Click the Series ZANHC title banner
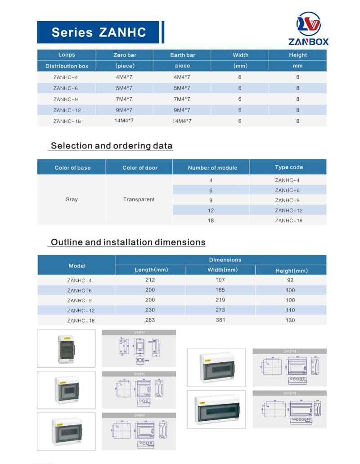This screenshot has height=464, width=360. (99, 32)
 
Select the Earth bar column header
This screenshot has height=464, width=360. (182, 55)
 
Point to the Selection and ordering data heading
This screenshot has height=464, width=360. (112, 146)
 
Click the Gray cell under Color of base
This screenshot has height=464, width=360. (72, 199)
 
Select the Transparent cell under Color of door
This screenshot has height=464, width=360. (139, 199)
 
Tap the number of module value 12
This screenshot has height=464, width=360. (211, 210)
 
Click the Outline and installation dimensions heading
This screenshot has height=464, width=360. (128, 242)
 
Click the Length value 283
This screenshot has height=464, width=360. (150, 320)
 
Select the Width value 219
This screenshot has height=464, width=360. (220, 300)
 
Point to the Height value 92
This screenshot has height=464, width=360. (290, 280)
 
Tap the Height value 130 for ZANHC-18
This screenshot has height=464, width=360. (290, 320)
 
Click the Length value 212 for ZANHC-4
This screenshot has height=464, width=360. (150, 279)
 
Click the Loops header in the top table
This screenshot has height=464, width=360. (67, 55)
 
